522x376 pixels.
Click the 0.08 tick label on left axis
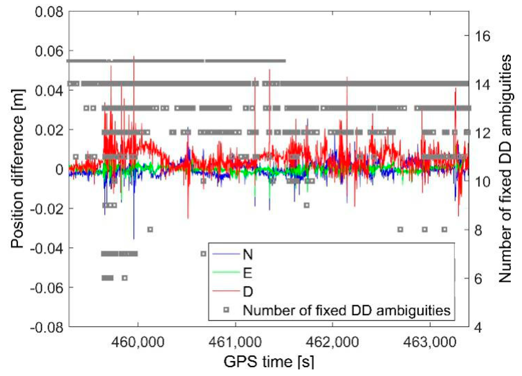point(49,12)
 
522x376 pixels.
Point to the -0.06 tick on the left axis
point(46,288)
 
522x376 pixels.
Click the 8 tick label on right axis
point(478,230)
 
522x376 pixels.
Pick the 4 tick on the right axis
point(478,328)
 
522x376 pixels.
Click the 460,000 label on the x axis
point(138,342)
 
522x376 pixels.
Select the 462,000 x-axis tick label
point(332,342)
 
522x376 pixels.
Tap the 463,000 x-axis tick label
point(430,342)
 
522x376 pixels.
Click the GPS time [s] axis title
point(269,362)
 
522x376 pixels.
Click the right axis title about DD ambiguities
point(505,169)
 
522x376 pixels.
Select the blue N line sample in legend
point(226,254)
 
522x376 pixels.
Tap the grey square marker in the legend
point(226,310)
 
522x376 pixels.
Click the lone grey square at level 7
point(203,254)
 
